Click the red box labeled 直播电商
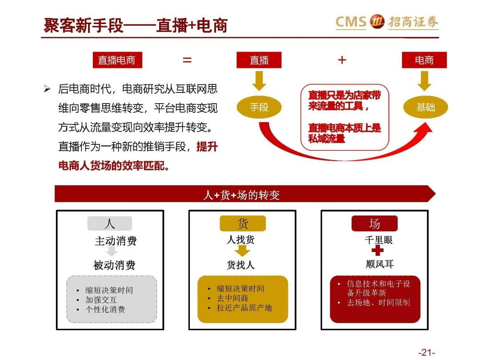point(116,60)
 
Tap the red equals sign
point(187,60)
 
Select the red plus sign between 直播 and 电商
point(342,60)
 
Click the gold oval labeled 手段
point(259,107)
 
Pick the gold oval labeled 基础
point(425,107)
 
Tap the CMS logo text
point(351,22)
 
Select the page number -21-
point(426,352)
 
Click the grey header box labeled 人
point(110,224)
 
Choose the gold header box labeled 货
point(243,224)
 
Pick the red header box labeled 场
point(374,224)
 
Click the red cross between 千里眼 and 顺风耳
point(377,251)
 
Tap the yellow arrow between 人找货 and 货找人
point(242,252)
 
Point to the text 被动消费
point(114,265)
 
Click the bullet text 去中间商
point(232,298)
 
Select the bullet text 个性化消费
point(105,309)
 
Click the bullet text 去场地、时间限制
point(379,303)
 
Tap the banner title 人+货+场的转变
point(241,195)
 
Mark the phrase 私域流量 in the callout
point(327,138)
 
